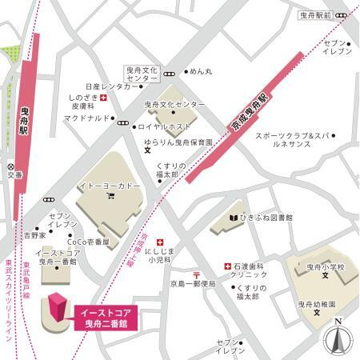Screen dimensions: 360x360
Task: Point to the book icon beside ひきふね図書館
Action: [x=233, y=216]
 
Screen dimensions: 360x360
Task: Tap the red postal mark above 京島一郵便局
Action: [x=197, y=276]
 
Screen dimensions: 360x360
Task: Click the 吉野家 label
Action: [x=34, y=236]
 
